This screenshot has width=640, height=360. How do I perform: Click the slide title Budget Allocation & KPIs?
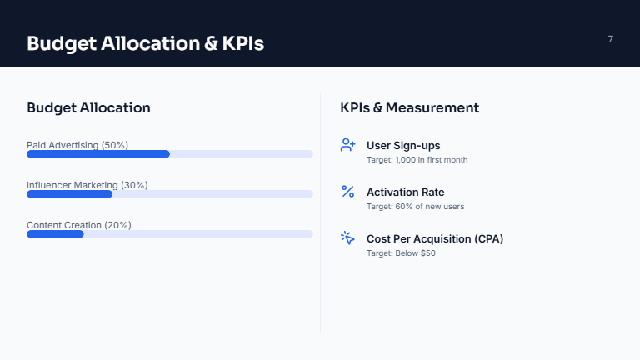(145, 43)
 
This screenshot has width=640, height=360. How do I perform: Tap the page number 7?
(611, 39)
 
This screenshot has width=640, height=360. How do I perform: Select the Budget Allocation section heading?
(88, 107)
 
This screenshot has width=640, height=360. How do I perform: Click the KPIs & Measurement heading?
(409, 107)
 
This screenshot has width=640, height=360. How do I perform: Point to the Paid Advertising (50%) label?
(77, 145)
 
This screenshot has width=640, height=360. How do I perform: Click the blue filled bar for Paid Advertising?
(98, 154)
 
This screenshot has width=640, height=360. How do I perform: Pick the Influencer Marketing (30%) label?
(87, 185)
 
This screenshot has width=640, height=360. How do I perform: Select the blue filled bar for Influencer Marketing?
(69, 194)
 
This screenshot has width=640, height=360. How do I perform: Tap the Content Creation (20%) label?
(79, 225)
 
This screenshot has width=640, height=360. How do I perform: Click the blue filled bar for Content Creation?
(55, 234)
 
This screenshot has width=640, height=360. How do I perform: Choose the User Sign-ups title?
(403, 145)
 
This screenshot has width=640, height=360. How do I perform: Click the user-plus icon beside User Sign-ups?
(348, 145)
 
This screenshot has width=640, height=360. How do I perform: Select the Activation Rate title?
(405, 192)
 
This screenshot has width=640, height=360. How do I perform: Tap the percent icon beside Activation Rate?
(348, 192)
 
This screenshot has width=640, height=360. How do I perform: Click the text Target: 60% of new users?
(415, 206)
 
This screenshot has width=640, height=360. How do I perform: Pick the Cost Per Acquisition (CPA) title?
(435, 238)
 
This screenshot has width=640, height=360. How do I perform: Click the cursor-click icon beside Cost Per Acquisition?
(348, 238)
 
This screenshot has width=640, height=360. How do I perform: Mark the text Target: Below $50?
(401, 252)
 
